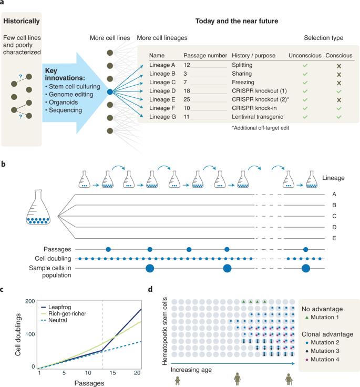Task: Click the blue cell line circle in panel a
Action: coord(110,91)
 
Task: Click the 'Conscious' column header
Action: coord(339,55)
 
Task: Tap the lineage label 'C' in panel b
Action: coord(334,216)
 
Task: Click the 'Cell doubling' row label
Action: coord(56,259)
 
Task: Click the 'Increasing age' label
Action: coord(193,369)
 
